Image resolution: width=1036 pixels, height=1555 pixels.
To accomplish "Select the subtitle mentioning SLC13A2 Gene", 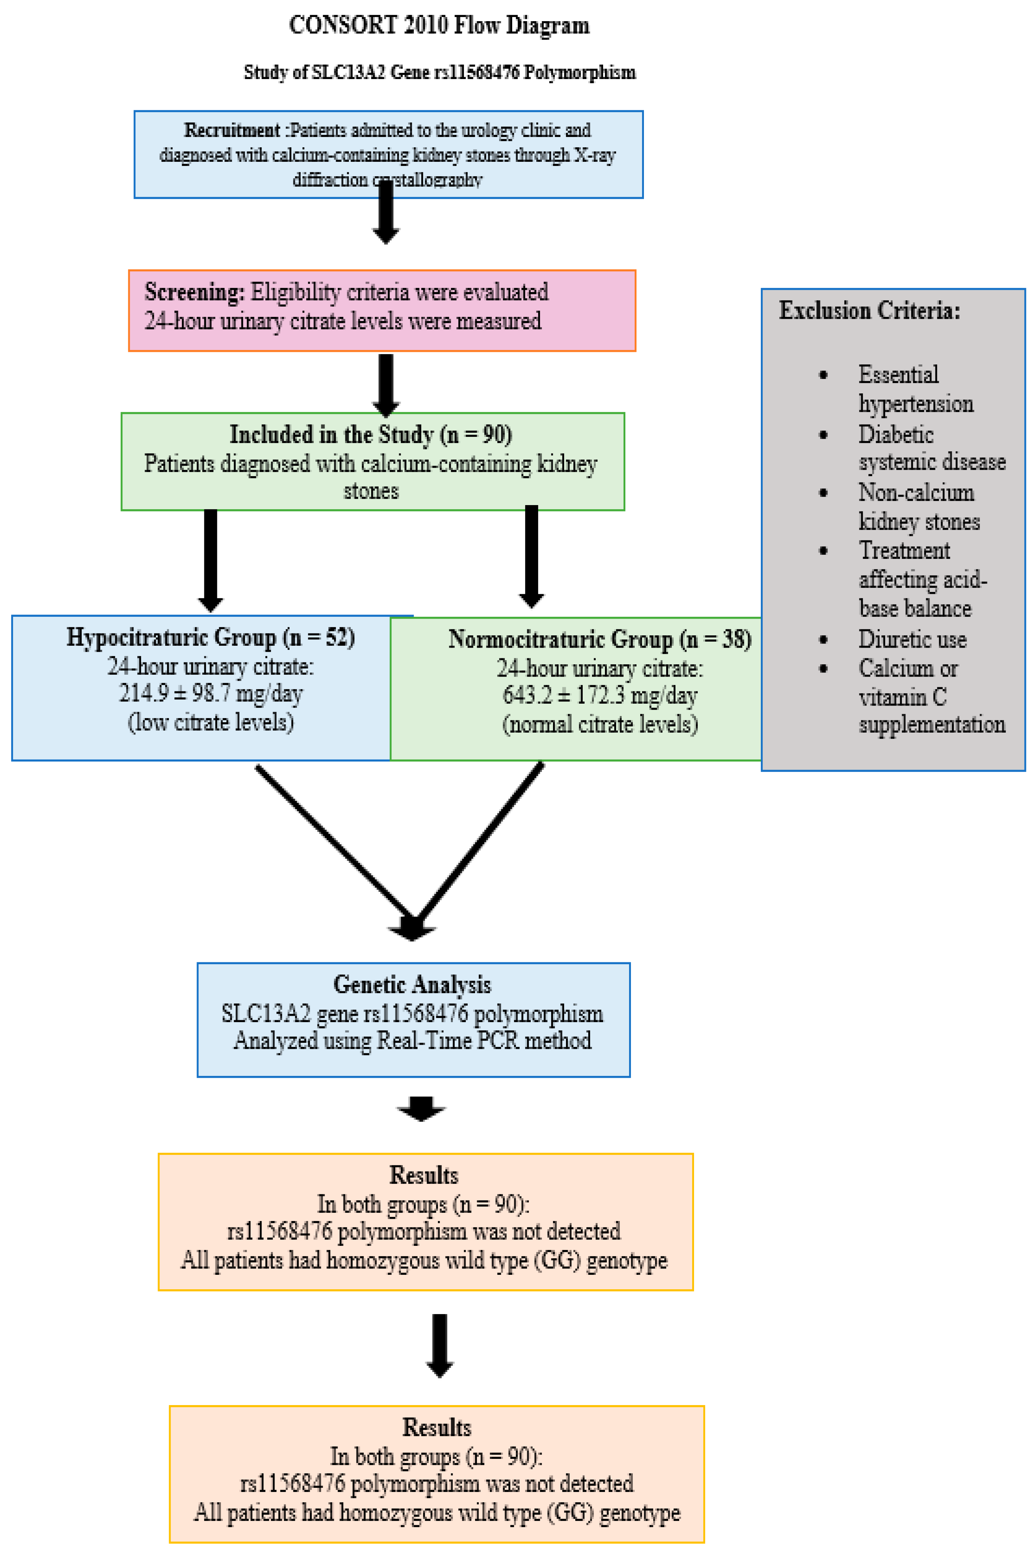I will [x=440, y=72].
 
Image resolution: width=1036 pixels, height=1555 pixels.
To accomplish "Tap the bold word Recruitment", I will [x=232, y=130].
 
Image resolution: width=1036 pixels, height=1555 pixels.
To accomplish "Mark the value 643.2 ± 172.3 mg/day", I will [x=599, y=695].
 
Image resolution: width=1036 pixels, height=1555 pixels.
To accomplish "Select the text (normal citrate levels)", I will [x=599, y=724].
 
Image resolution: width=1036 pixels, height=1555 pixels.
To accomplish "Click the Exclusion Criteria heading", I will [x=869, y=310].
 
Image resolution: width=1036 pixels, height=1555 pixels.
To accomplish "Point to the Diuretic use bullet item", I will [x=912, y=639].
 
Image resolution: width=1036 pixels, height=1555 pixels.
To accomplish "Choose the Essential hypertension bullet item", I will [x=915, y=389].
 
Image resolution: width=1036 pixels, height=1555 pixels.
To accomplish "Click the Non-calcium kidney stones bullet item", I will [x=918, y=507].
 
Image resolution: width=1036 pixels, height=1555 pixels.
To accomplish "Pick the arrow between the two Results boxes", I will [x=440, y=1345].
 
